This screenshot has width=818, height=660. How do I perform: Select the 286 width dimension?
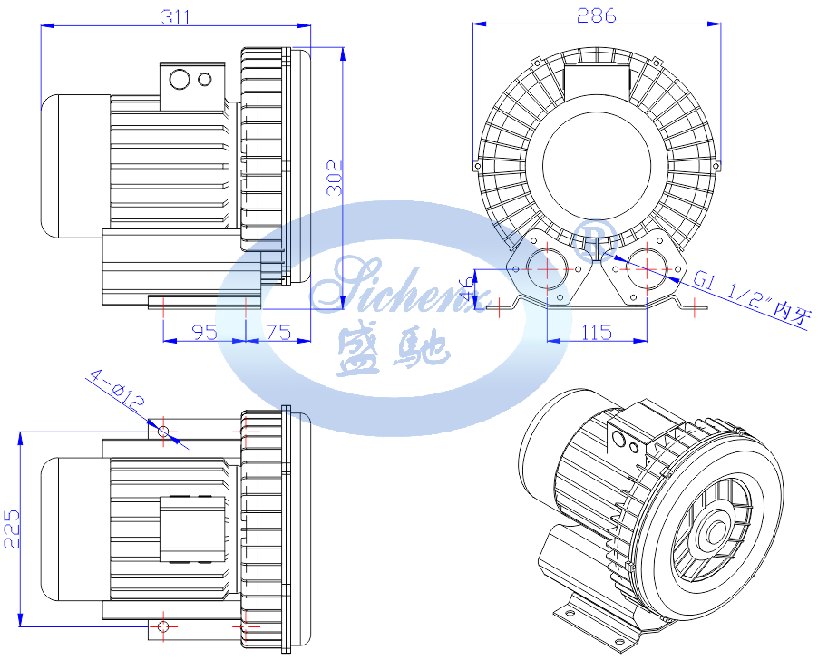click(x=596, y=15)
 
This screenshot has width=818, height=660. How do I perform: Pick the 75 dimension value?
click(x=278, y=332)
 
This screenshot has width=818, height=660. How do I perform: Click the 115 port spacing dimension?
click(x=595, y=332)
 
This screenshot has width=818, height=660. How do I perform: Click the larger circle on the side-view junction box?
click(x=180, y=80)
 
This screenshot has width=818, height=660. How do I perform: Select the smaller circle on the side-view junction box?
click(x=206, y=79)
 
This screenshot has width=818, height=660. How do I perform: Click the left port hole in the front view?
click(x=546, y=268)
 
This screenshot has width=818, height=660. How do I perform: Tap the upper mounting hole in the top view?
click(x=163, y=430)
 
